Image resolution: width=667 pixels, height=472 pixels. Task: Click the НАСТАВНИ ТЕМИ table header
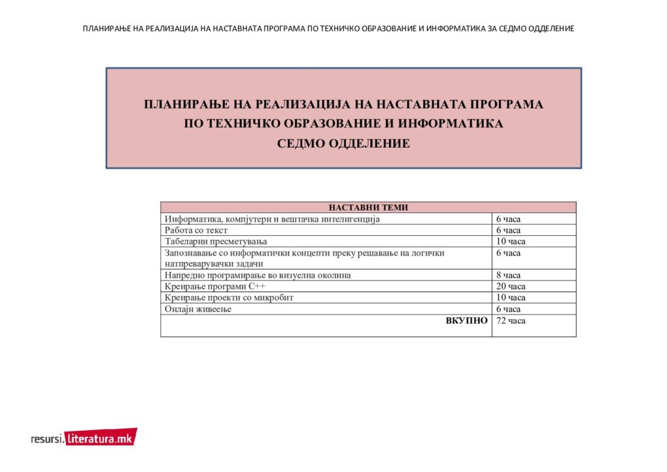click(368, 208)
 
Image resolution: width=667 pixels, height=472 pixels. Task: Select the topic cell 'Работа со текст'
click(196, 230)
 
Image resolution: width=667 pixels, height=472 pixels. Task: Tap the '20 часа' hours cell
click(511, 286)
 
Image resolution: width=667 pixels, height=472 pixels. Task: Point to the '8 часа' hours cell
click(508, 275)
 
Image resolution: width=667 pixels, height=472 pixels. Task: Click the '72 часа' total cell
click(511, 321)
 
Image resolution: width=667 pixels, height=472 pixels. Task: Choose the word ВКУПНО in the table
click(466, 320)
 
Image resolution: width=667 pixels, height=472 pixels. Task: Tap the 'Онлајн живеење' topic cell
click(198, 309)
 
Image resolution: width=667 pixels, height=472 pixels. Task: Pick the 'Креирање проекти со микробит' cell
click(229, 297)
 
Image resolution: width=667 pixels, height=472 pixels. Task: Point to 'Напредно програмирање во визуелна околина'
click(258, 275)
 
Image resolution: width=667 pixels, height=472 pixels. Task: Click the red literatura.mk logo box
click(101, 439)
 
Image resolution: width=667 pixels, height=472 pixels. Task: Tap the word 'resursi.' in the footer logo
click(47, 439)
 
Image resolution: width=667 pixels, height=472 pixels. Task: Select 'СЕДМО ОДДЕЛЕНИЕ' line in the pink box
click(343, 144)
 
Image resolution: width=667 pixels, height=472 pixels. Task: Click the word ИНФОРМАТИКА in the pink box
click(451, 124)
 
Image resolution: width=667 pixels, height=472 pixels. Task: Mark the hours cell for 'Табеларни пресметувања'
click(511, 241)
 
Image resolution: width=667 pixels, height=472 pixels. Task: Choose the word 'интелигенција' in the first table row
click(351, 219)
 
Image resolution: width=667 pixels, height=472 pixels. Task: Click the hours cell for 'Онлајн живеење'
click(508, 309)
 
